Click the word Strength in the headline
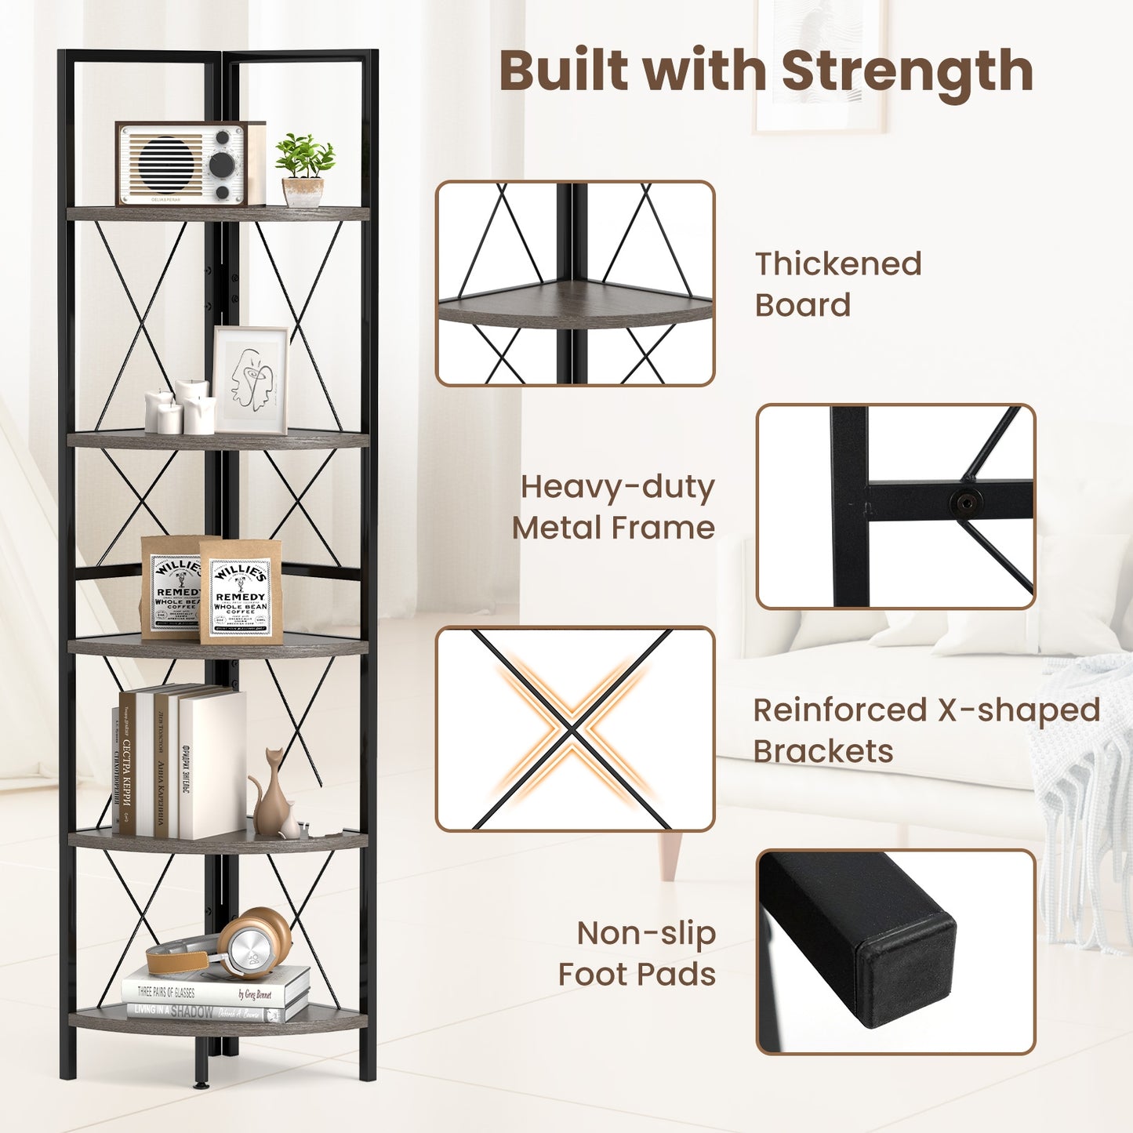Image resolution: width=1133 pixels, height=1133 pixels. coord(907,72)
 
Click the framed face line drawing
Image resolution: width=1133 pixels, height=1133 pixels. coord(251,379)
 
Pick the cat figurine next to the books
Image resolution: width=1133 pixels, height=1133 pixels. coord(271,796)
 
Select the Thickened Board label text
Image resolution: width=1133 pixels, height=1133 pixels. coord(837,284)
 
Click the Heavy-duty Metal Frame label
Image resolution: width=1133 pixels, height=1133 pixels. coord(614,507)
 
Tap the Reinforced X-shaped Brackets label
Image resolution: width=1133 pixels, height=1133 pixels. coord(925,730)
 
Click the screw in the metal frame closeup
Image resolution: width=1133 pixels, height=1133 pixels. coord(966,502)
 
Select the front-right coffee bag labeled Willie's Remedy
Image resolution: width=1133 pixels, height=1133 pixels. coord(241,592)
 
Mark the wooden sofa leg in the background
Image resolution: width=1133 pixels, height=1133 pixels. coord(670,857)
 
